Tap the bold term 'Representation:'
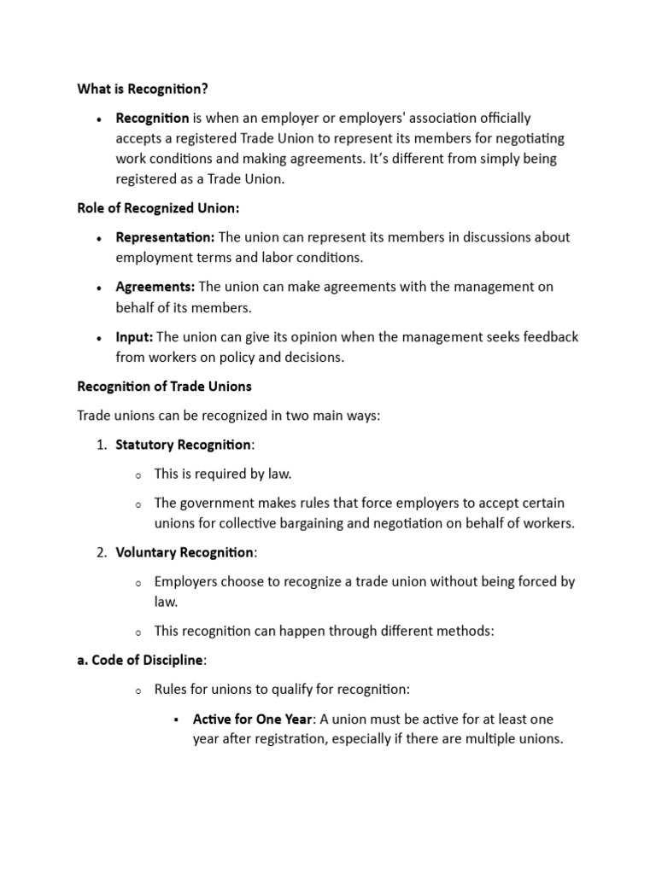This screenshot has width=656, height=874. [x=166, y=237]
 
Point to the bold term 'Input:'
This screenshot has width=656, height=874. [x=135, y=337]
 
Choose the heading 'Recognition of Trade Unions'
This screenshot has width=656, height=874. [x=164, y=387]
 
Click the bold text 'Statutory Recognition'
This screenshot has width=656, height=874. [x=184, y=445]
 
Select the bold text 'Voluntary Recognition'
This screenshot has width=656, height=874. [x=184, y=552]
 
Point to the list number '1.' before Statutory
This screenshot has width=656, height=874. [x=100, y=445]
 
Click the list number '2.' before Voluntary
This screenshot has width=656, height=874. [x=100, y=552]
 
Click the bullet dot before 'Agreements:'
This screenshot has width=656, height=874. [x=100, y=288]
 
